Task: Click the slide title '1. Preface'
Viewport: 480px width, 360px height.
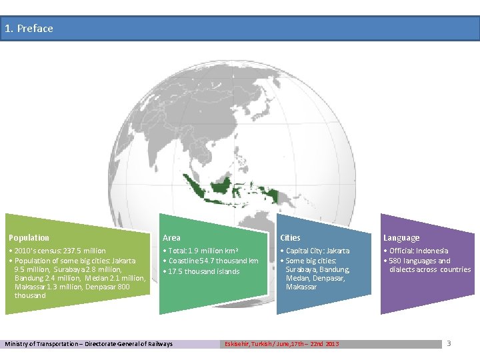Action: [x=29, y=29]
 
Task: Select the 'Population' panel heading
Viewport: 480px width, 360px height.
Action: [x=29, y=238]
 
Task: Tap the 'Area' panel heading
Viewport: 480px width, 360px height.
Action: [x=171, y=238]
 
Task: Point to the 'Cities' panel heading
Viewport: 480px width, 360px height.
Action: [x=290, y=238]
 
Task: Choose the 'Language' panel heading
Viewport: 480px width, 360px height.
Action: [x=401, y=238]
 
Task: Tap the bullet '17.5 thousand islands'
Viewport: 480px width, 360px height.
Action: [x=203, y=271]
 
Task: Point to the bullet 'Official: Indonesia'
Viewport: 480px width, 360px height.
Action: [x=419, y=251]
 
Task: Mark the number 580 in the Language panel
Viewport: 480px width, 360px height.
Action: [x=395, y=261]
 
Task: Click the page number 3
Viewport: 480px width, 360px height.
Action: [x=449, y=343]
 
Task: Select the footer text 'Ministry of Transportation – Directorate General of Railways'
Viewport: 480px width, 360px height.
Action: [x=89, y=344]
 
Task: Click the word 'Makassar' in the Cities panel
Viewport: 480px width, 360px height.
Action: [x=301, y=287]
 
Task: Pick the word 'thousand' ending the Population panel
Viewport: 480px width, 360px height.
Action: [x=30, y=295]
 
